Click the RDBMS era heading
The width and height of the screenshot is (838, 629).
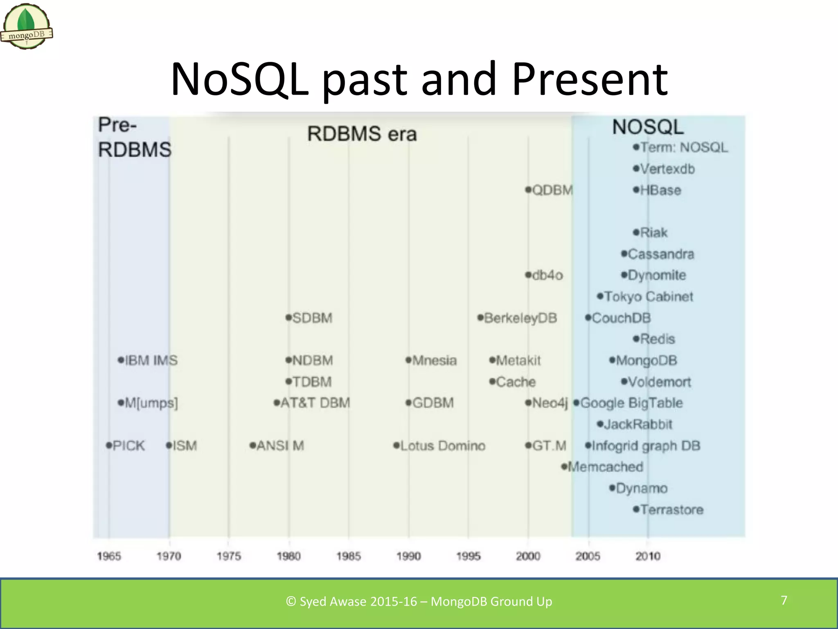point(362,134)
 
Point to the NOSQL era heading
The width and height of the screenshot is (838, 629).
point(648,127)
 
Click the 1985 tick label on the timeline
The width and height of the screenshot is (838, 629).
point(348,556)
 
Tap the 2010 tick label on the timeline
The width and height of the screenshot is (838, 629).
point(647,556)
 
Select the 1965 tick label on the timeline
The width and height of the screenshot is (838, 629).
point(109,556)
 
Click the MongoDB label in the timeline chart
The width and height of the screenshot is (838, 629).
point(646,360)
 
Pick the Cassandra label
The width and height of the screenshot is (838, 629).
point(660,254)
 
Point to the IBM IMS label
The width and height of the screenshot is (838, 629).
point(151,360)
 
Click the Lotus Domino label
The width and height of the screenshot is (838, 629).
point(442,446)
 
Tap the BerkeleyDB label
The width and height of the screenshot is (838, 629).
point(520,318)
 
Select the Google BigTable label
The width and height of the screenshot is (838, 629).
point(631,403)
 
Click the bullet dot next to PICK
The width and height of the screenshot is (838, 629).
point(109,445)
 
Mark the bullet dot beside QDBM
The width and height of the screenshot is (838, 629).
point(528,190)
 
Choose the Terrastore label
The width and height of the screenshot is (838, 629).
point(671,509)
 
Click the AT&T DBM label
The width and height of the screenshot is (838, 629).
point(315,403)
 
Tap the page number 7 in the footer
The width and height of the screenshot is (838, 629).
point(784,600)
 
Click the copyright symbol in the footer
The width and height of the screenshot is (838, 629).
point(291,602)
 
